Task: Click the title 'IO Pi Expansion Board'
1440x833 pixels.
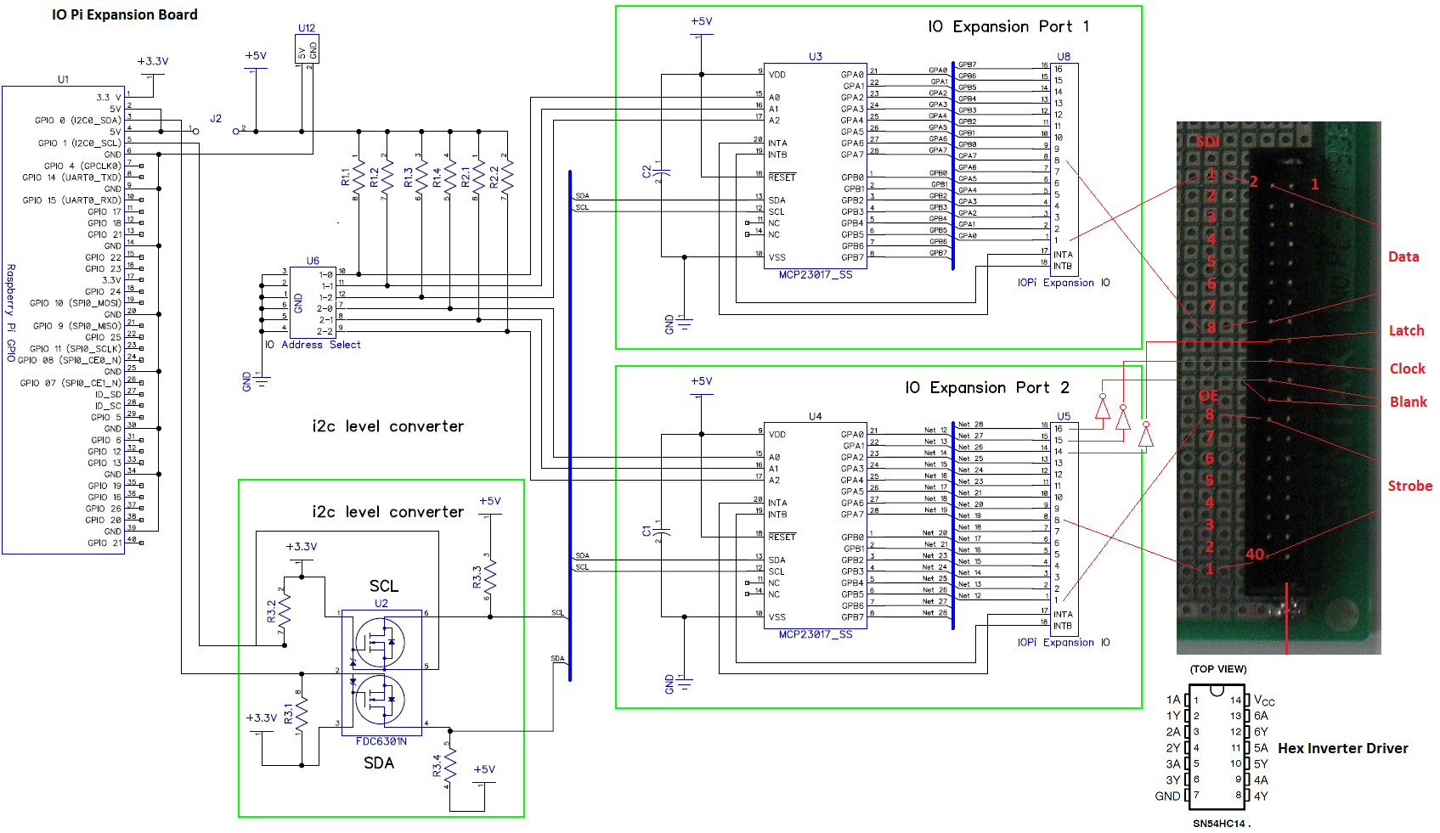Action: [124, 14]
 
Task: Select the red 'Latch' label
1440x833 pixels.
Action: [1406, 330]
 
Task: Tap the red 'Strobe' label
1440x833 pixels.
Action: [1409, 486]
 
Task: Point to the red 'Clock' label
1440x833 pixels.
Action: [1407, 369]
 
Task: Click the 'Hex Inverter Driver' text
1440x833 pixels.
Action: [1342, 748]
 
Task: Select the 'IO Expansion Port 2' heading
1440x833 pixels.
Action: [986, 387]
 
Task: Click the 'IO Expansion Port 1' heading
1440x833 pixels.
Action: [1008, 26]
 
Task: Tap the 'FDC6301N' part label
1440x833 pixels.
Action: [381, 741]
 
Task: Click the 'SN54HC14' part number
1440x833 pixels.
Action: [1219, 824]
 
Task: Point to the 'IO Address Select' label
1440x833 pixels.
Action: [313, 345]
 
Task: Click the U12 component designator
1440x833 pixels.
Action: [307, 28]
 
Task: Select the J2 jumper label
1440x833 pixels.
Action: [216, 118]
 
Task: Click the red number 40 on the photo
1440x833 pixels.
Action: [1255, 554]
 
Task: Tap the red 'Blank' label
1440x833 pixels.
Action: [1408, 402]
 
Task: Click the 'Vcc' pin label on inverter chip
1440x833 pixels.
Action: [1264, 701]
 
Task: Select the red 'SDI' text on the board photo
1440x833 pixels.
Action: [1207, 141]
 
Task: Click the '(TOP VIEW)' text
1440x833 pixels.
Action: [1218, 669]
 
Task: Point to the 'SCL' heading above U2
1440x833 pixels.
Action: [383, 586]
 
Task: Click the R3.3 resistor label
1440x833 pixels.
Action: [477, 577]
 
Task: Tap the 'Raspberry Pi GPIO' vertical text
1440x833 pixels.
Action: [11, 312]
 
